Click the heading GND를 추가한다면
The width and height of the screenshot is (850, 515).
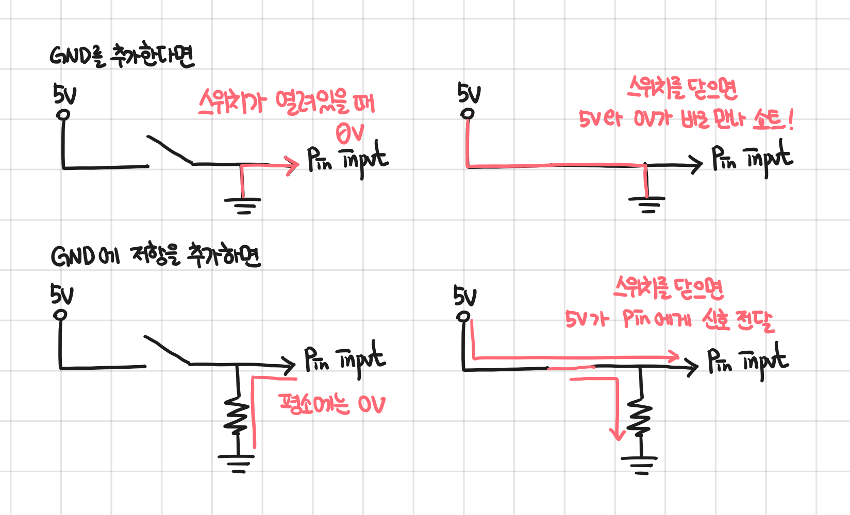(x=122, y=56)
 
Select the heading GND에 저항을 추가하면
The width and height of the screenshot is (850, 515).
(x=156, y=256)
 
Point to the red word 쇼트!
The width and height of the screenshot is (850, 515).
(x=773, y=119)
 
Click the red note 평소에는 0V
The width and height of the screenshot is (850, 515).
(x=331, y=404)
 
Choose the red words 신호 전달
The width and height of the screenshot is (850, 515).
(x=737, y=320)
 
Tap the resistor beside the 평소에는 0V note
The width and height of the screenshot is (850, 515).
(x=237, y=415)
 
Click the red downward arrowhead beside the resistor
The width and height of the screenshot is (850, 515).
(x=616, y=433)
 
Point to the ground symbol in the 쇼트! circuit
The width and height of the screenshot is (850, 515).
(x=647, y=204)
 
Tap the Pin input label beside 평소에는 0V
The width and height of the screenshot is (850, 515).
(x=344, y=359)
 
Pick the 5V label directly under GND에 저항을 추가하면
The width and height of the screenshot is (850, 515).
(x=61, y=295)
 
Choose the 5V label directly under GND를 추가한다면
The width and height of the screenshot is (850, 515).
(x=64, y=95)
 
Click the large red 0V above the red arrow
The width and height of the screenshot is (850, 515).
(x=350, y=133)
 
